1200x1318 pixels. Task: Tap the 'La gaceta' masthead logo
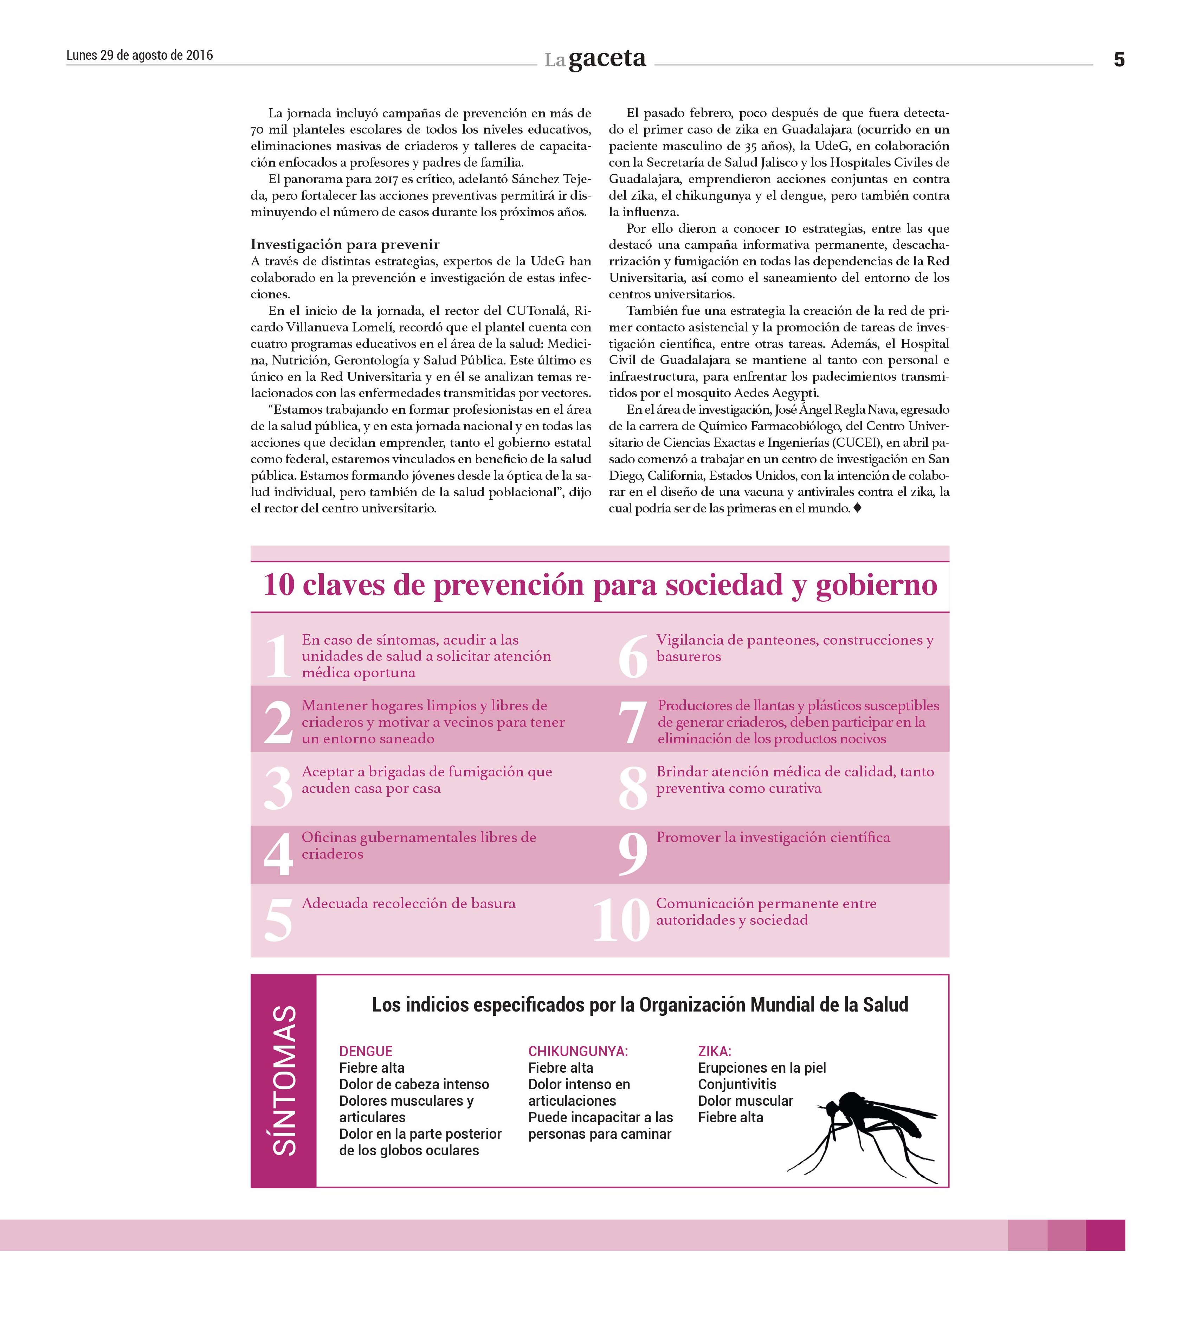point(595,59)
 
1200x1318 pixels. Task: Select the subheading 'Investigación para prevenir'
point(344,245)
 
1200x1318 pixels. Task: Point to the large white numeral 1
point(278,657)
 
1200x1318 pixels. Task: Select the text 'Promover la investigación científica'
point(773,838)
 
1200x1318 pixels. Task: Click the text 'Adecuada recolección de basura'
point(408,904)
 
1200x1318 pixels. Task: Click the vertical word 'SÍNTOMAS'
point(284,1080)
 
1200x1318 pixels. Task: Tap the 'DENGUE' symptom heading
point(366,1051)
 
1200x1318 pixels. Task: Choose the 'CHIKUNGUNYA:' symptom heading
point(578,1051)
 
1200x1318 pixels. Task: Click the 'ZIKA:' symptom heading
point(714,1051)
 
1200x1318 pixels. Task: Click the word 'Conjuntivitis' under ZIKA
point(737,1084)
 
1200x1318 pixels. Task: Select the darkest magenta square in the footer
point(1105,1235)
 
